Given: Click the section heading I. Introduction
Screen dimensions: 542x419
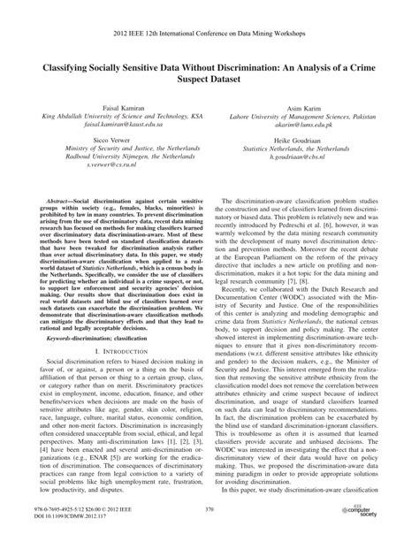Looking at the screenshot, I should tap(110, 363).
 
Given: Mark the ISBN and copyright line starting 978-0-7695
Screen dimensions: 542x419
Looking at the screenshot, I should tap(85, 519).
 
